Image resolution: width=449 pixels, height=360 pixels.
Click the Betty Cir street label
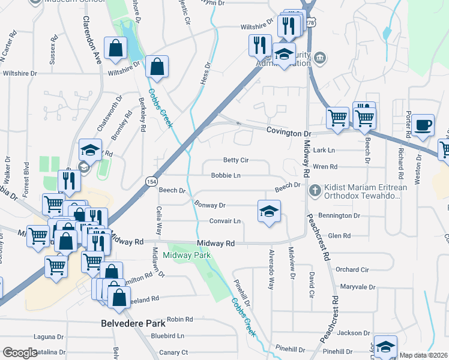235,161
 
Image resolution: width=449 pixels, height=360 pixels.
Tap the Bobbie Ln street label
226,176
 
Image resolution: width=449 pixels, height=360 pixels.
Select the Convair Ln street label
224,221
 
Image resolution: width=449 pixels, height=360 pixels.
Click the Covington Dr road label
289,133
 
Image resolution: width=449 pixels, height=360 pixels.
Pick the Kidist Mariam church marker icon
314,190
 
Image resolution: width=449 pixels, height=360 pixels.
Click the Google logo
20,353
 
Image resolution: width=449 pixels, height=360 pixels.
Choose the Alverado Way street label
271,268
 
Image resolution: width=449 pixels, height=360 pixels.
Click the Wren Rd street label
325,167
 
